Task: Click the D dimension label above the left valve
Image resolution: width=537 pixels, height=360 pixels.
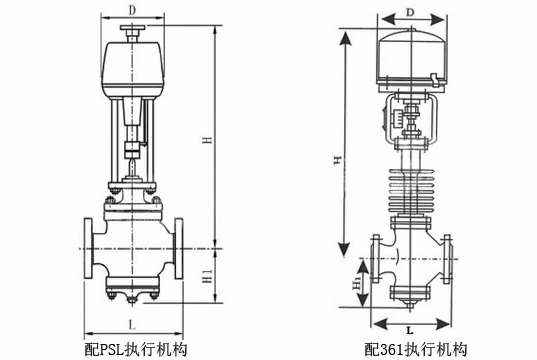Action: pos(132,10)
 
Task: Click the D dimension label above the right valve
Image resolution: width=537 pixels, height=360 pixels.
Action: pos(410,13)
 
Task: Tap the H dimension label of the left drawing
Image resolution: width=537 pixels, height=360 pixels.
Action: pos(208,140)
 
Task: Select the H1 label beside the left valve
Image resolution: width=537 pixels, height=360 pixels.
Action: pos(208,276)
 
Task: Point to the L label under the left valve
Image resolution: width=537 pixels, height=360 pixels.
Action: pos(132,324)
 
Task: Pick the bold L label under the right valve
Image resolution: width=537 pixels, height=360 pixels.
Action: pos(410,331)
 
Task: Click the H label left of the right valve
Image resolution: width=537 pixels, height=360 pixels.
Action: pos(337,160)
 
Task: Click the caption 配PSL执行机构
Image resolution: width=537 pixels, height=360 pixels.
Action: pos(136,350)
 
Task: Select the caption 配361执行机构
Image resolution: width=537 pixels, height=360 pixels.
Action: pos(415,350)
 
